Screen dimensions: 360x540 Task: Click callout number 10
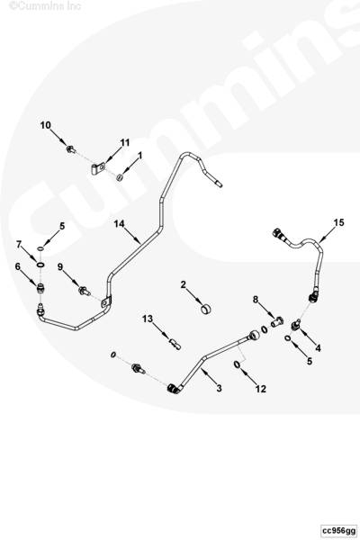pos(45,125)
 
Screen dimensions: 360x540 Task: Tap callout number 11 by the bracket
pos(125,142)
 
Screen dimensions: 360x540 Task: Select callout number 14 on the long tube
pos(119,224)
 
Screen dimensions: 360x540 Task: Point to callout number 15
pos(338,223)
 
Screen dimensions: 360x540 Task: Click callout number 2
pos(184,284)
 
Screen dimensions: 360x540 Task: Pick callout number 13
pos(148,319)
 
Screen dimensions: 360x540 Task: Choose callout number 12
pos(261,389)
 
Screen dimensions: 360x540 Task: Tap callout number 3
pos(219,388)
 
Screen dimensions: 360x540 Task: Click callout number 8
pos(256,300)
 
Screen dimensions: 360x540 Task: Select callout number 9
pos(60,267)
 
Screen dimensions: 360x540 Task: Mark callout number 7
pos(19,245)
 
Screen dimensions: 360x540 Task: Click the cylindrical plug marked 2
pos(206,309)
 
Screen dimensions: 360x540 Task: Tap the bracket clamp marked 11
pos(98,169)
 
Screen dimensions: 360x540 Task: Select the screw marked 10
pos(71,149)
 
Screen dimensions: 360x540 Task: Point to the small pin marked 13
pos(175,344)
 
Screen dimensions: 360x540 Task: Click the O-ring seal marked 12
pos(238,364)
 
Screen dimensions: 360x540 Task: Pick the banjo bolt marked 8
pos(276,322)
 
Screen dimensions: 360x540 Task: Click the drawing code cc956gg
pos(338,530)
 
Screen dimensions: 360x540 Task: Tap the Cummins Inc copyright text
pos(45,5)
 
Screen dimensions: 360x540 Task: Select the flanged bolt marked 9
pos(85,292)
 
